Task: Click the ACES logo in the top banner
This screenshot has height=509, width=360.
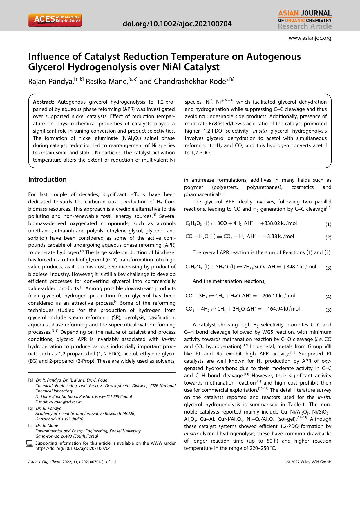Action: point(55,20)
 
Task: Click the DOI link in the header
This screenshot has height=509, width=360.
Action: point(177,24)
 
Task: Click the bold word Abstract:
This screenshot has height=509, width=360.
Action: point(44,102)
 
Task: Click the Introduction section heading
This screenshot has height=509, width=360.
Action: point(47,179)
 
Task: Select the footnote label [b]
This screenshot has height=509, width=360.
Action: point(30,408)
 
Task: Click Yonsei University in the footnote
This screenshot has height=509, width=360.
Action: point(126,431)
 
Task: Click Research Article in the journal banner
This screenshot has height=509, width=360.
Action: point(305,26)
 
